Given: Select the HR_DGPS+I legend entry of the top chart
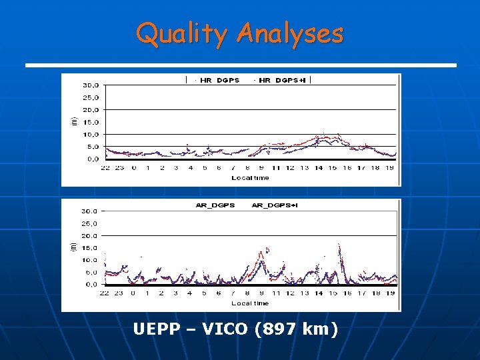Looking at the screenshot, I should click(x=281, y=81).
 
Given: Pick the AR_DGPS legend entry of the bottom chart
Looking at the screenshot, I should click(x=215, y=205).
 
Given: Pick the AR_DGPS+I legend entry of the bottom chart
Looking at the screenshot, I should click(x=275, y=205).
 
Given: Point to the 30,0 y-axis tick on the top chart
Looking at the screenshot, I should click(x=91, y=85).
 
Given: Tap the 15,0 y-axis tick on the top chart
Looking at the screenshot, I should click(x=91, y=122).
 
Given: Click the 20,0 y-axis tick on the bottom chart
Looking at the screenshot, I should click(x=91, y=235).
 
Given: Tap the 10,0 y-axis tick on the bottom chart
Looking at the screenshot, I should click(x=91, y=260).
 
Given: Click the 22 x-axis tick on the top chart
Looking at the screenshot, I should click(x=105, y=168).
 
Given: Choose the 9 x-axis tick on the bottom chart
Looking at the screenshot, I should click(x=261, y=293).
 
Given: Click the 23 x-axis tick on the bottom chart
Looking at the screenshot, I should click(x=120, y=293).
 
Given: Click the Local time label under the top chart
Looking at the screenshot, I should click(x=250, y=178).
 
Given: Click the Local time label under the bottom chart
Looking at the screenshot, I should click(x=250, y=303).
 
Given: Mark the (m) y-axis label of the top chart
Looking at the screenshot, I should click(x=75, y=121).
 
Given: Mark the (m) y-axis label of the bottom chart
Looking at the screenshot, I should click(x=75, y=246).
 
